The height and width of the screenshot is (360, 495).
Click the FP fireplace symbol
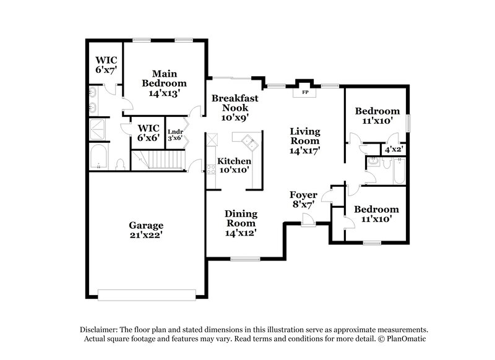point(304,92)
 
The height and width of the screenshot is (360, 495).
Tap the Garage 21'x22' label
point(146,230)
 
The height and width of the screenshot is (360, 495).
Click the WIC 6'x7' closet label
point(106,65)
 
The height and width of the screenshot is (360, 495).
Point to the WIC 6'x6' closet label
point(148,133)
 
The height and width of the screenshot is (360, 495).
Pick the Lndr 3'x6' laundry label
point(176,134)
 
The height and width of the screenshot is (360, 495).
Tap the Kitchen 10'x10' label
point(234,165)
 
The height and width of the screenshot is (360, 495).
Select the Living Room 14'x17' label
point(306,140)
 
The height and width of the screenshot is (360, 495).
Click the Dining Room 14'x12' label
point(241,223)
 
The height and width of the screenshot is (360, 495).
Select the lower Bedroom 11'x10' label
point(376,214)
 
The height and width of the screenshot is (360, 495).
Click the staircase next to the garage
point(165,161)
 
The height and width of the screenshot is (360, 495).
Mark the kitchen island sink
point(250,142)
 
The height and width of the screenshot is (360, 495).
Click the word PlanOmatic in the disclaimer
point(407,339)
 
